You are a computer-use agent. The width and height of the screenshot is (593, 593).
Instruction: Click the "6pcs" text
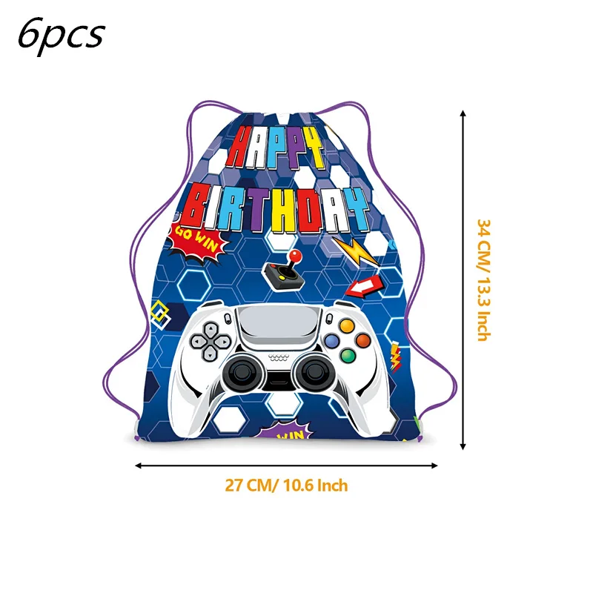[x=62, y=36]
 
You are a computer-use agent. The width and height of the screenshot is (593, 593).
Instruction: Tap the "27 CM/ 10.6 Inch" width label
[x=286, y=486]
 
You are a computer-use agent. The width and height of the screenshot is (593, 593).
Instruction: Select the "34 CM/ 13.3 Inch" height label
[x=484, y=280]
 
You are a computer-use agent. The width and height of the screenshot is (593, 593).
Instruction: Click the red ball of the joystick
[x=294, y=256]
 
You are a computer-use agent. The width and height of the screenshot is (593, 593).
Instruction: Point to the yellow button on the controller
[x=347, y=325]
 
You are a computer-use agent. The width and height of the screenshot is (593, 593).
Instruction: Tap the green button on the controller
[x=348, y=356]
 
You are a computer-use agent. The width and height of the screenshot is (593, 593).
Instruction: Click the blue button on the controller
[x=331, y=341]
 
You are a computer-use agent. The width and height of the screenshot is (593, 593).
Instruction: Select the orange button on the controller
[x=363, y=340]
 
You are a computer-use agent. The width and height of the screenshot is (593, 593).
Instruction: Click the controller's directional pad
[x=211, y=342]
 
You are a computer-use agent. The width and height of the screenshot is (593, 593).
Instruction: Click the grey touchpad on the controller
[x=279, y=325]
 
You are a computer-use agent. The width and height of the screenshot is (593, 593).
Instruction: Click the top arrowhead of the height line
[x=463, y=113]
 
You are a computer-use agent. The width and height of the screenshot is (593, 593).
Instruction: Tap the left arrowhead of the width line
[x=139, y=466]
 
